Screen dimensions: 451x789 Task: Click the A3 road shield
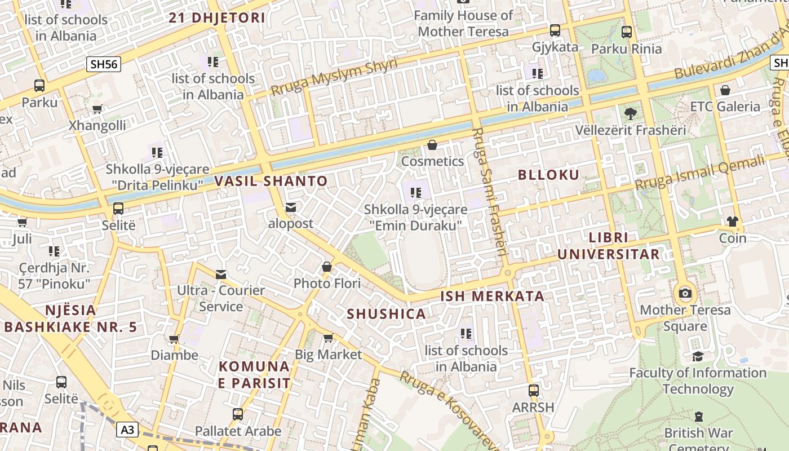coord(128,430)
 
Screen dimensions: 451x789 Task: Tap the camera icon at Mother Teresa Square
coord(685,293)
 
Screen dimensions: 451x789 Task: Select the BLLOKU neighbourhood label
coord(548,175)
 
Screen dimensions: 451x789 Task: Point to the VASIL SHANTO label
coord(271,181)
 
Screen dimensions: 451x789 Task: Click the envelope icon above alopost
coord(291,207)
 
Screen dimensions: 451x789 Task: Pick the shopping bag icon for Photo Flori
coord(327,267)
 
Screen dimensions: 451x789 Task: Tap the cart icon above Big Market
coord(328,338)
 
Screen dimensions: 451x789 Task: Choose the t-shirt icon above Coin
coord(732,222)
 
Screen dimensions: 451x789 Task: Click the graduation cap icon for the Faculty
coord(698,356)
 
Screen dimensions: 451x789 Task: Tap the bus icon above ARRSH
coord(533,390)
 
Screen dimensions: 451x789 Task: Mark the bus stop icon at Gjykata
coord(555,30)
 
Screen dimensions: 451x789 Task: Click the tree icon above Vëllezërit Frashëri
coord(630,113)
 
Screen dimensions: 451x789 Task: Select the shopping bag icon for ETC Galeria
coord(725,90)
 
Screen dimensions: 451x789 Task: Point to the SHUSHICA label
coord(386,314)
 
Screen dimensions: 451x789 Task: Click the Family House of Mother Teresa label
coord(463,24)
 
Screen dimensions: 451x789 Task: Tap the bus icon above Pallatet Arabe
coord(238,414)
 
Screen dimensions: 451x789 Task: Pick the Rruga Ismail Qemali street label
coord(700,173)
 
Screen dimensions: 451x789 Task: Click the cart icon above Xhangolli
coord(97,109)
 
